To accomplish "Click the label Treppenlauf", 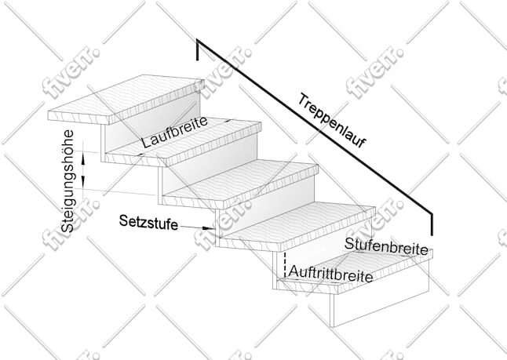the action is (331, 120).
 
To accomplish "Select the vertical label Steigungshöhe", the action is (67, 181).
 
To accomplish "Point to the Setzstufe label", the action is (148, 222).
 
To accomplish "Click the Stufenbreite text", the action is (386, 246).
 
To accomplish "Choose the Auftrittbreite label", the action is (330, 274).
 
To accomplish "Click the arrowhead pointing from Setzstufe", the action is (208, 228).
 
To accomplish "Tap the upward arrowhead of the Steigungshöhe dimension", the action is (83, 158).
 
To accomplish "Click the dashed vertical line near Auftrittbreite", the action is (285, 264).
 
